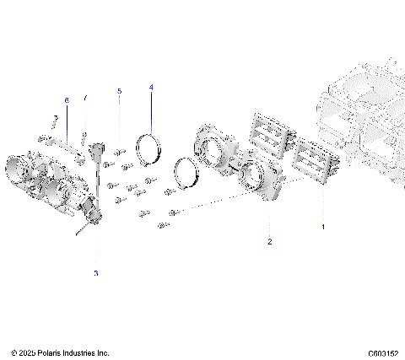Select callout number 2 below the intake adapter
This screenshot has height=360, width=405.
[269, 242]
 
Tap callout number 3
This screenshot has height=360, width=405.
[95, 273]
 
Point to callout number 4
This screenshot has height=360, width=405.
[151, 87]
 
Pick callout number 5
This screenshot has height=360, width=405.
[119, 90]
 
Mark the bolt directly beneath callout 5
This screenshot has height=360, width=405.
[119, 151]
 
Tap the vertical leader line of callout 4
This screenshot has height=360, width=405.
[151, 110]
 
